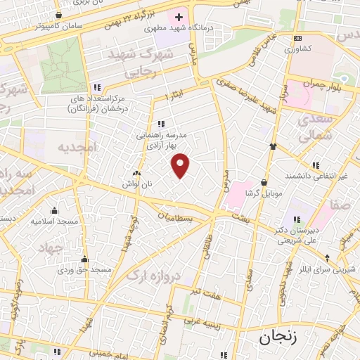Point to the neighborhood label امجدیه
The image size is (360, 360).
point(75,148)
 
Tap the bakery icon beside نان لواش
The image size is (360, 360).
point(136,172)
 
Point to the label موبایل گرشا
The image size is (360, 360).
point(263,193)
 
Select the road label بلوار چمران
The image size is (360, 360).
point(324,84)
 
